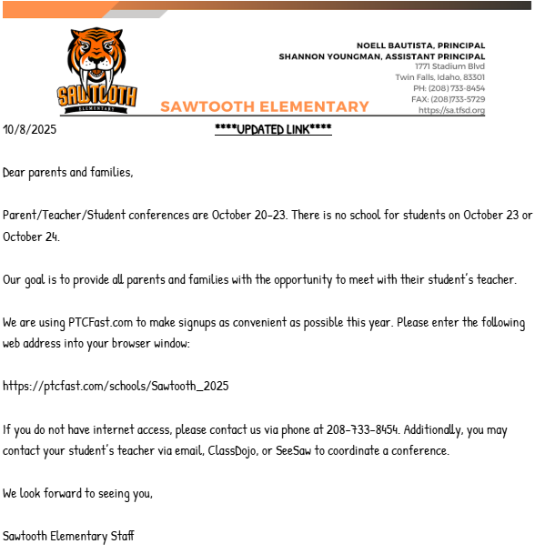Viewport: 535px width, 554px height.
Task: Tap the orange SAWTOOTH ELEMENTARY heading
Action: point(264,106)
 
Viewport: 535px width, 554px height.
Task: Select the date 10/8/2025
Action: point(30,129)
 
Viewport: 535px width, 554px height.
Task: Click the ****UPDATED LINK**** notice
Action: point(273,129)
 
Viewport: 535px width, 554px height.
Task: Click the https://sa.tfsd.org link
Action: point(451,110)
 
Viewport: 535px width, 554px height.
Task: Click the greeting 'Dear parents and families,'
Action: point(68,172)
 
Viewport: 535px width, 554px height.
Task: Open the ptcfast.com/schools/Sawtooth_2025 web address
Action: point(116,387)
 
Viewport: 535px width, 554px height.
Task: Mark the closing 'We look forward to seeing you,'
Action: point(77,494)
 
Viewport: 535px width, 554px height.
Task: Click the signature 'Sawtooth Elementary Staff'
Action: point(68,536)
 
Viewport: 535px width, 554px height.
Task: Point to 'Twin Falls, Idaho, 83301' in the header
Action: point(439,77)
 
